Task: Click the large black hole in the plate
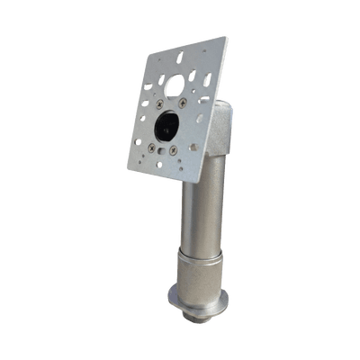coord(168,127)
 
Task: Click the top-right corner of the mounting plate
coord(225,36)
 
